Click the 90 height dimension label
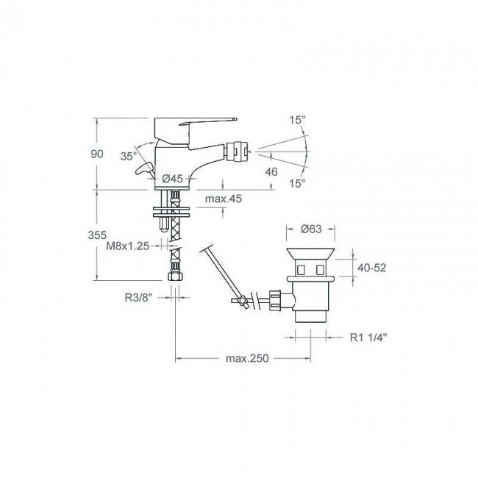97,154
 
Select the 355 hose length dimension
97,235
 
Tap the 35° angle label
129,157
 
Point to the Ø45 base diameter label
172,179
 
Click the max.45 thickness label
224,199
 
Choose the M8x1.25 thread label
128,246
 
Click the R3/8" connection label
138,298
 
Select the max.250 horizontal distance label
247,358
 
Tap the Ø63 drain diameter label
311,229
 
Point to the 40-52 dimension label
372,268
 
